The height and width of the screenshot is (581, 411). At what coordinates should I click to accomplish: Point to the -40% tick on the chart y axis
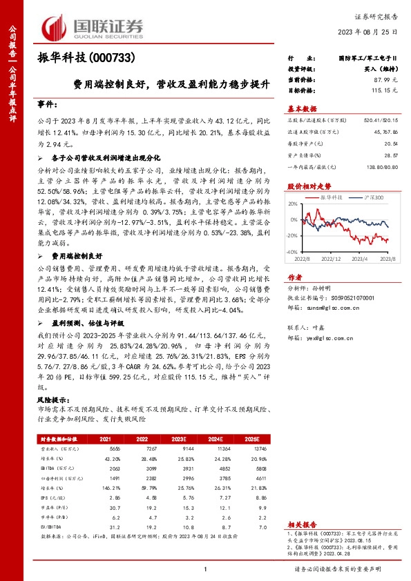coord(292,253)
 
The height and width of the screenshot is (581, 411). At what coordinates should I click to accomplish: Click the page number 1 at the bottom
coord(205,569)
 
